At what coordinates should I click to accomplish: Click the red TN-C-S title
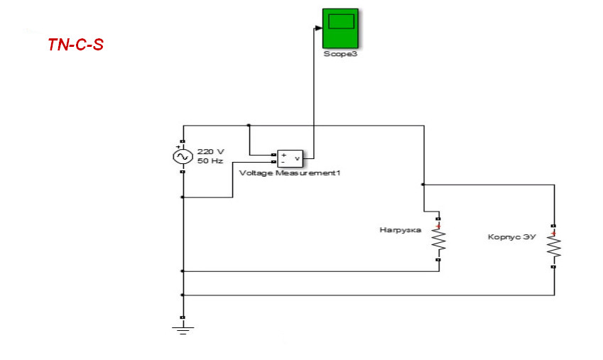click(75, 45)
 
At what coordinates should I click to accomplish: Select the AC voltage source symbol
click(183, 156)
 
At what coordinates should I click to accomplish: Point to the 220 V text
click(210, 151)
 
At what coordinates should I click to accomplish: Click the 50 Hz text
click(210, 160)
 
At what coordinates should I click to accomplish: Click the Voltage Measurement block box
click(290, 158)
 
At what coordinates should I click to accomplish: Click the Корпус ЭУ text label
click(511, 236)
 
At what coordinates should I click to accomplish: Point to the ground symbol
click(183, 327)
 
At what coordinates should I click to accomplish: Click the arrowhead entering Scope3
click(318, 28)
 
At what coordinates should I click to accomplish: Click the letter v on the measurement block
click(297, 158)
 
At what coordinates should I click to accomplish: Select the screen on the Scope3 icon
click(341, 21)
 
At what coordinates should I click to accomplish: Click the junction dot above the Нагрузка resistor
click(423, 184)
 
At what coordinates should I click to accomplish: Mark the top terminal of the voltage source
click(183, 142)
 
